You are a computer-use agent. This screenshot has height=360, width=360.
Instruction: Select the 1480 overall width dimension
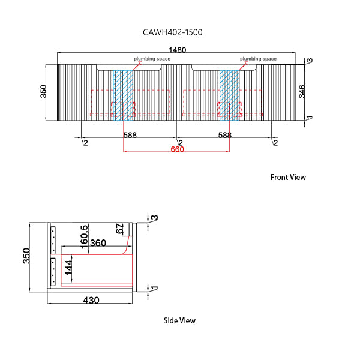point(176,50)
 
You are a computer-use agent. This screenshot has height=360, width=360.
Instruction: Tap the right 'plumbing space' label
point(258,59)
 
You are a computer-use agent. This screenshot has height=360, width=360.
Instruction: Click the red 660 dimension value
point(177,149)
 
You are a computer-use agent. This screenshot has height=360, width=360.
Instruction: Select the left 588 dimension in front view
point(130,136)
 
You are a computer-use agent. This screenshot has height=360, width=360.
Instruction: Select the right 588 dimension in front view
point(224,136)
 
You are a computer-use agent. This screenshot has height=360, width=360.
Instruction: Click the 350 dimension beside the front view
point(43,91)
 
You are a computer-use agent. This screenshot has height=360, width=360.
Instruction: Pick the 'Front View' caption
point(288,177)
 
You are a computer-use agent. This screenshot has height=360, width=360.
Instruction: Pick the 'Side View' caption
point(179,320)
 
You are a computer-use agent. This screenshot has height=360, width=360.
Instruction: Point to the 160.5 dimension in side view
point(85,236)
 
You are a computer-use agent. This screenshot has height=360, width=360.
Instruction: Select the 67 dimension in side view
point(119,229)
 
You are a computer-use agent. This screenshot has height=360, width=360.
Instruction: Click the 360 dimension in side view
point(98,243)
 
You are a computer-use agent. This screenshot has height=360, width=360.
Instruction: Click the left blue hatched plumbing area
point(124,94)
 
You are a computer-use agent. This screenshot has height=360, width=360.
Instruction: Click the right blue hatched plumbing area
point(229,94)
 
